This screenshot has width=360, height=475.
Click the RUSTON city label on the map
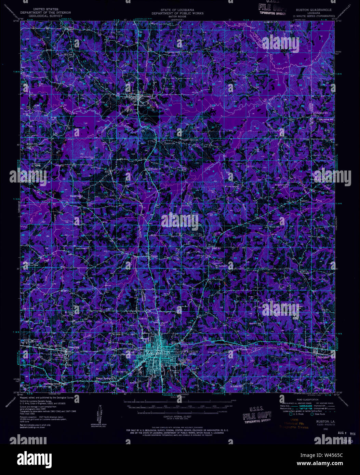(x=192, y=351)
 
